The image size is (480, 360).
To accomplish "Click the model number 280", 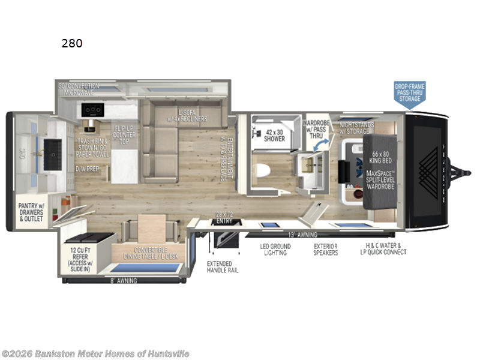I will coord(71,43).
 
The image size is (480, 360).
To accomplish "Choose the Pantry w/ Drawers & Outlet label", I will coord(32,211).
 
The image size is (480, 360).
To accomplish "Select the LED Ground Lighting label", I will coord(275,250).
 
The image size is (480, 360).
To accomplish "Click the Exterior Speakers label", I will coord(325,250).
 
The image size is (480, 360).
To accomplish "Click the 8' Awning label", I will coord(125,280).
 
